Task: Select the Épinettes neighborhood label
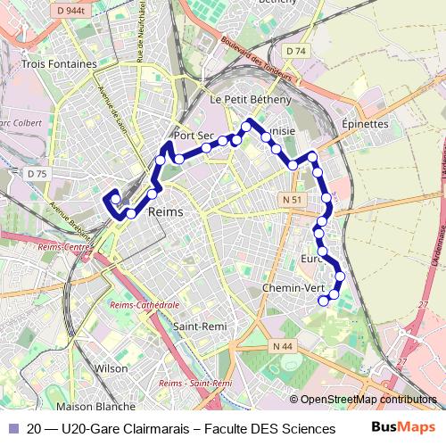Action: (365, 124)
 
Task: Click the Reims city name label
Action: (164, 212)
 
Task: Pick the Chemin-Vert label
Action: (294, 289)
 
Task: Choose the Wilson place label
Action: (111, 368)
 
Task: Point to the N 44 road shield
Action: (283, 346)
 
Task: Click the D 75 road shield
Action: (37, 173)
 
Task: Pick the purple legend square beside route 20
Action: (13, 428)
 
